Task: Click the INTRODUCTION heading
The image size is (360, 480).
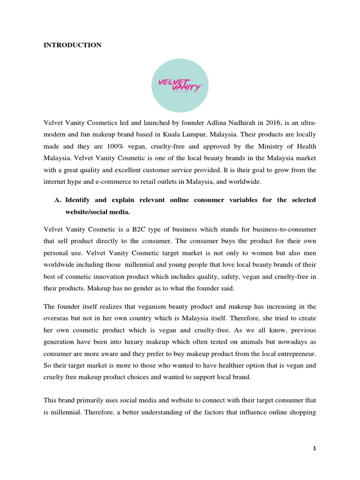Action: click(72, 45)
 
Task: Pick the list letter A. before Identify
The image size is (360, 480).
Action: click(59, 201)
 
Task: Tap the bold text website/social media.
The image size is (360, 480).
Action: click(97, 211)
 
